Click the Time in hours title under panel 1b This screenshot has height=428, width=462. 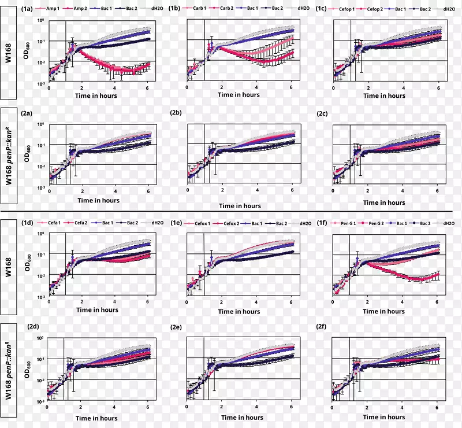pyautogui.click(x=240, y=95)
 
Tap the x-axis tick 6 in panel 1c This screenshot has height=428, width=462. pyautogui.click(x=439, y=87)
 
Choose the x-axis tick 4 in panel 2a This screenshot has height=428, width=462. pyautogui.click(x=115, y=191)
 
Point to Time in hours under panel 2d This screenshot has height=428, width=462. pyautogui.click(x=97, y=418)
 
